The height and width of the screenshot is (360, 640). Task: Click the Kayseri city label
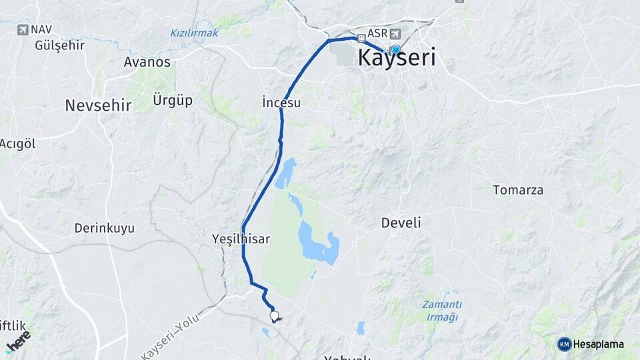(397, 58)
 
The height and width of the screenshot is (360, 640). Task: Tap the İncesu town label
(281, 103)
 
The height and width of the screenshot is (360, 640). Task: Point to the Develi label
(401, 223)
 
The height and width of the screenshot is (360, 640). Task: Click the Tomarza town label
(518, 190)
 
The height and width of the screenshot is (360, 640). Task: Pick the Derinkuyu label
(104, 228)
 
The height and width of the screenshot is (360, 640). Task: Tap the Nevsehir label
(98, 105)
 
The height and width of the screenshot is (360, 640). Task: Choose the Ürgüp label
(173, 100)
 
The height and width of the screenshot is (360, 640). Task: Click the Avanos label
(147, 62)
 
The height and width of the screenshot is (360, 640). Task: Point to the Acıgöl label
(17, 144)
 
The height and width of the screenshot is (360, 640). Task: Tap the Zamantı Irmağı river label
(442, 310)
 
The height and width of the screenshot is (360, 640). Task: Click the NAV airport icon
(23, 29)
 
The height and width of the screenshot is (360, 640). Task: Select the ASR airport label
(377, 34)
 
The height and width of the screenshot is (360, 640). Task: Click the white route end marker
(274, 315)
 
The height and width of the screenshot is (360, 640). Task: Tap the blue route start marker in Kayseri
(395, 49)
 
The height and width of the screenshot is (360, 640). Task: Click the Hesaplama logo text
(598, 344)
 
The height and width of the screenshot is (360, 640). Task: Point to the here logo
(18, 341)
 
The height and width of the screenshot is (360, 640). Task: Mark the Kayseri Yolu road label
(171, 339)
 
